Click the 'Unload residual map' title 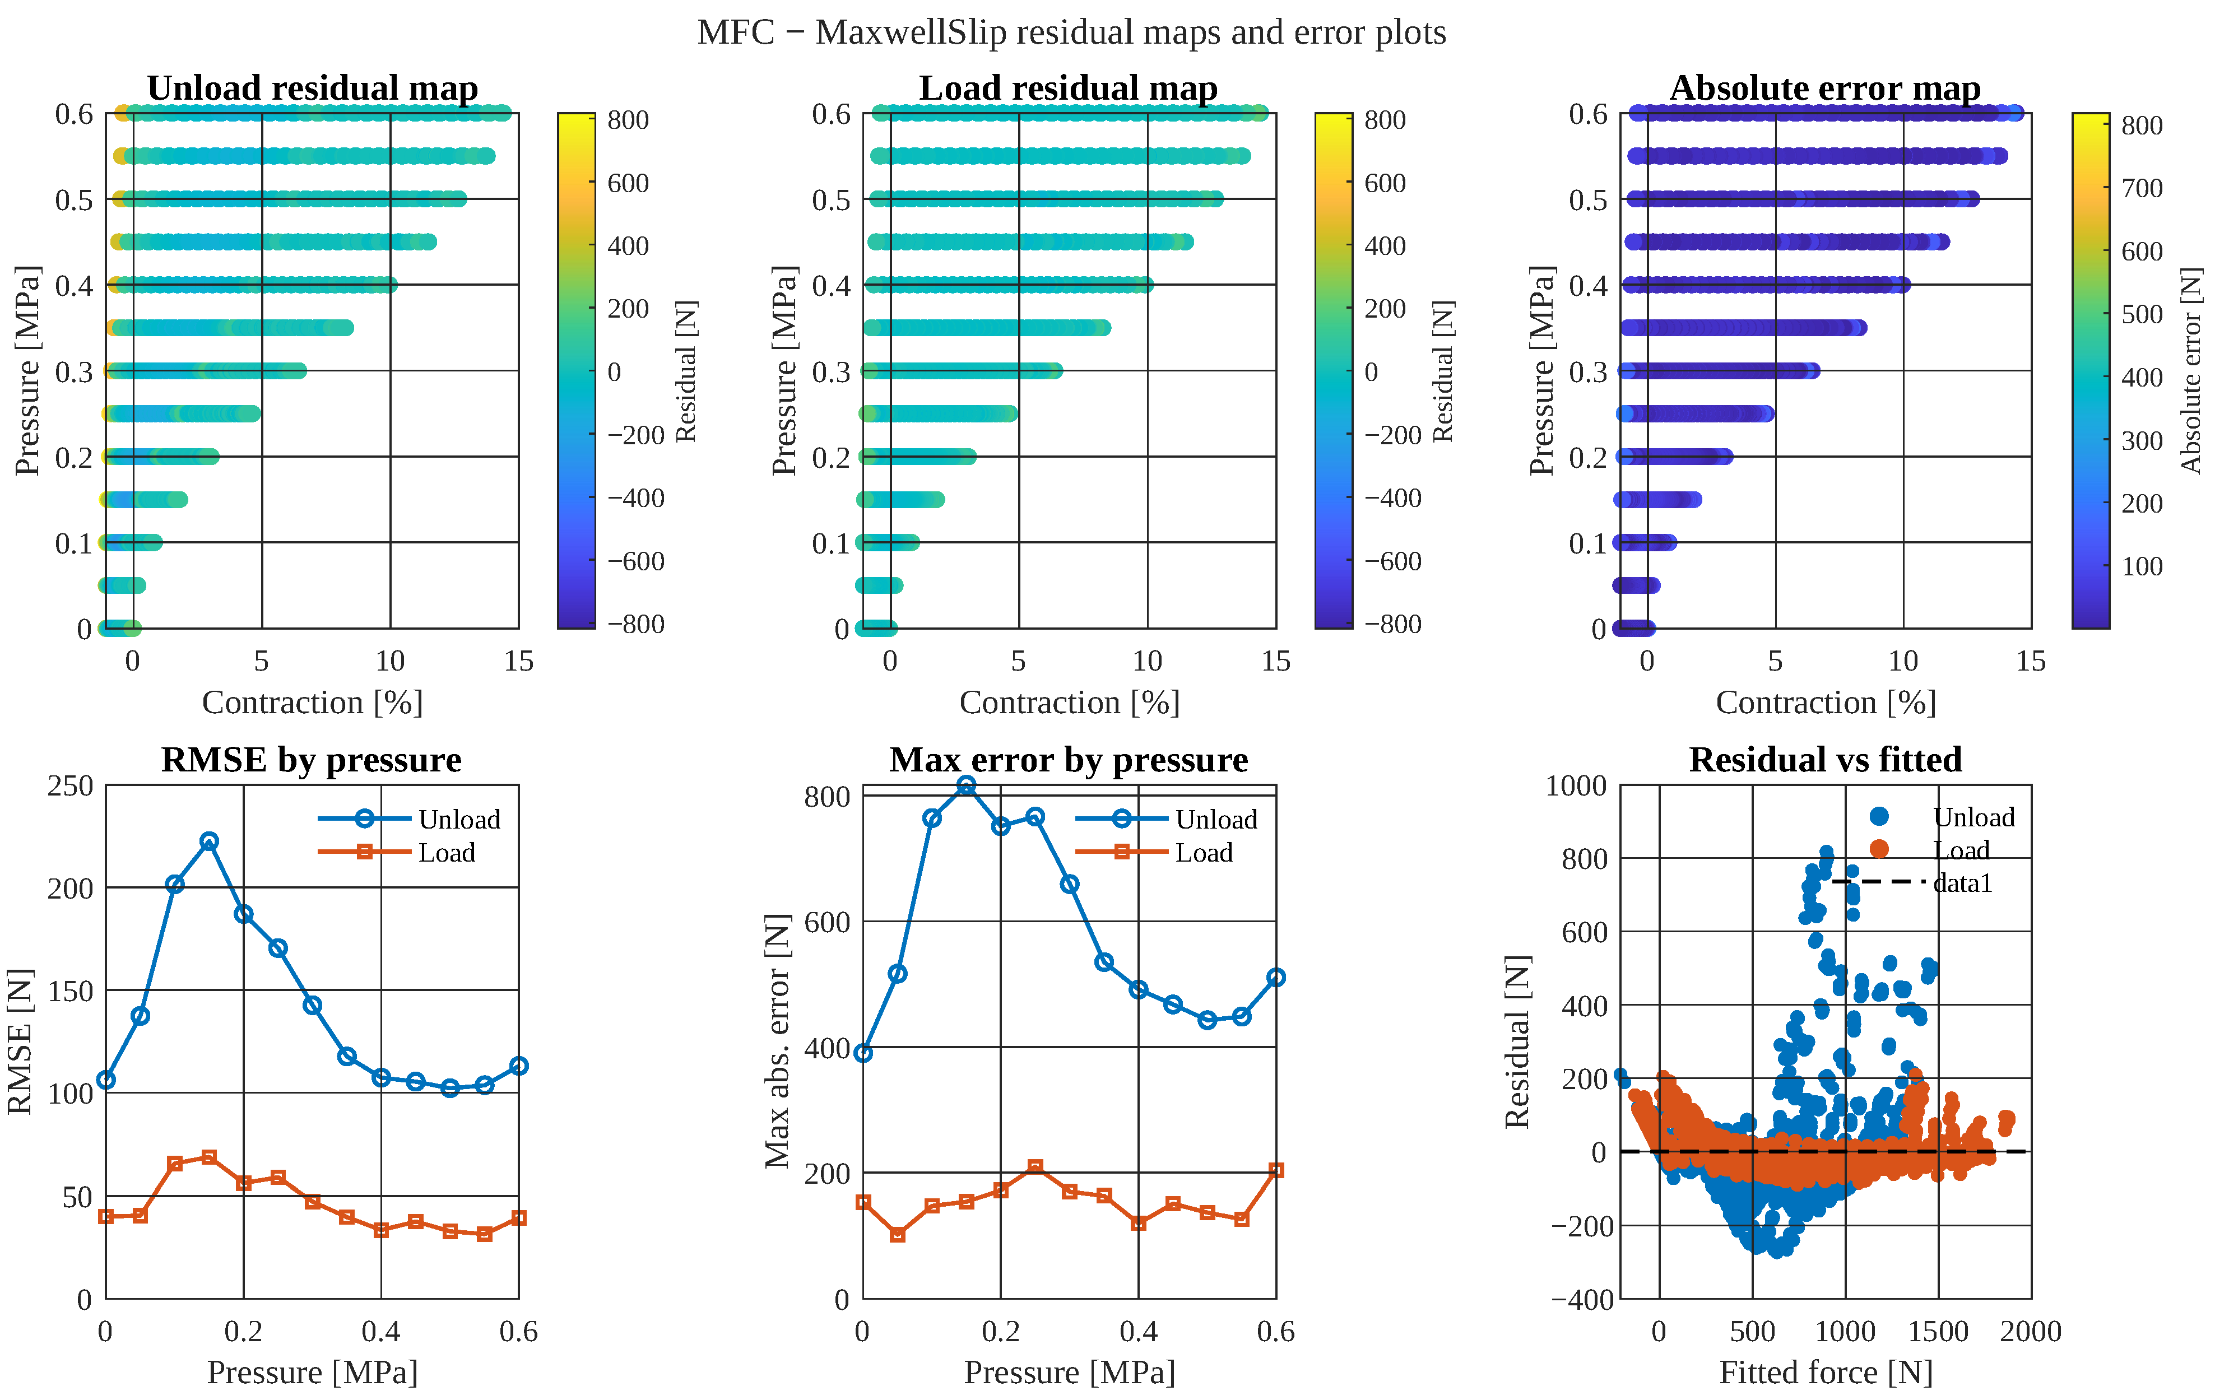click(313, 89)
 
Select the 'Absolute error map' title click(1825, 89)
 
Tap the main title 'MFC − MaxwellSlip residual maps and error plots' click(1071, 32)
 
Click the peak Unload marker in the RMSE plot click(209, 841)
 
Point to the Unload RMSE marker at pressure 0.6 click(519, 1066)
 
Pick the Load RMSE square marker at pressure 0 click(106, 1216)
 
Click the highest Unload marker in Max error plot click(966, 785)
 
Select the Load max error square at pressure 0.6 click(1276, 1170)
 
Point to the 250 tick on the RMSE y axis click(71, 787)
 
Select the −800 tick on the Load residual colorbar click(1392, 624)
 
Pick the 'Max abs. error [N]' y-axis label click(778, 1041)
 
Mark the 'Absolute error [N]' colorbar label click(2192, 371)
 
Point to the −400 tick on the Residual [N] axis click(1582, 1300)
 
